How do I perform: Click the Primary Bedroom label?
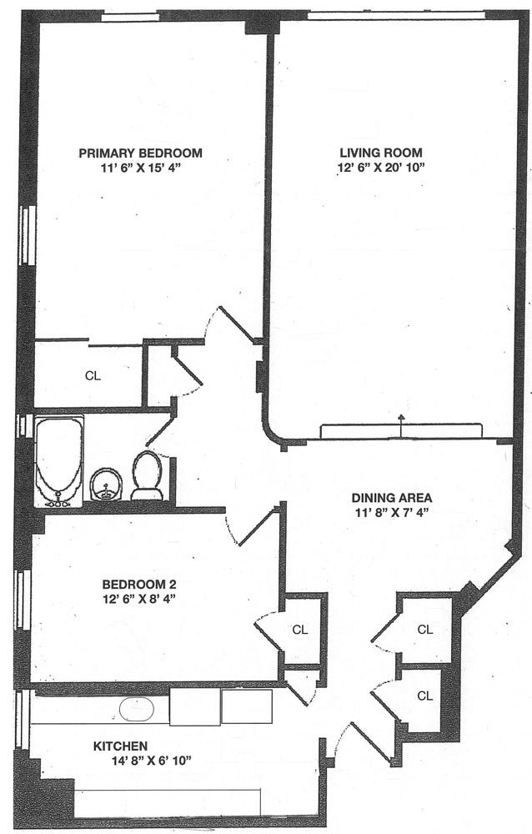[x=140, y=153]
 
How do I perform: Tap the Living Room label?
[x=381, y=153]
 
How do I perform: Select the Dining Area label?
[x=392, y=499]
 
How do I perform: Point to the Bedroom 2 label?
[x=139, y=584]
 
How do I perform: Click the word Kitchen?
[x=120, y=746]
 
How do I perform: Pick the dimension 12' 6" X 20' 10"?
[x=381, y=168]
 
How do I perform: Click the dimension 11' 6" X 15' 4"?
[x=140, y=168]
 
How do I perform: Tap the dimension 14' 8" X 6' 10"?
[x=151, y=761]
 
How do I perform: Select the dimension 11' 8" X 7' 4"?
[x=392, y=513]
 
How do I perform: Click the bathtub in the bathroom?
[x=58, y=461]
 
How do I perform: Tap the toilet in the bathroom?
[x=147, y=475]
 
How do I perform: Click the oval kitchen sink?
[x=137, y=708]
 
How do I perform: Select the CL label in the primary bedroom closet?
[x=93, y=376]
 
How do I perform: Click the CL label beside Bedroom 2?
[x=300, y=630]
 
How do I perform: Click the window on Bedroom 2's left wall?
[x=22, y=600]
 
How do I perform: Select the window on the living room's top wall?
[x=396, y=15]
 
